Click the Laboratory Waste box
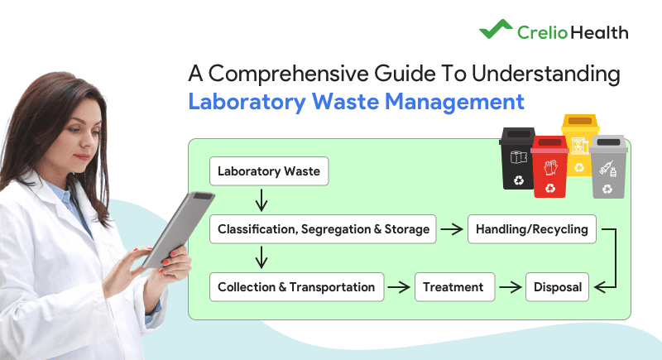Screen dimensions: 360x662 (x=269, y=172)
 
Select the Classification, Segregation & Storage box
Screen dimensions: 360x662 (x=324, y=229)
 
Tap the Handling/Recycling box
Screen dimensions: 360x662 (x=532, y=229)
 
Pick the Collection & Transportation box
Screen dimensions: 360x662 (x=296, y=287)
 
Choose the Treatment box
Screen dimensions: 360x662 (x=453, y=287)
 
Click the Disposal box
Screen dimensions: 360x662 (x=557, y=287)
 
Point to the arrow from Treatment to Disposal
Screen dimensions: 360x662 (x=511, y=287)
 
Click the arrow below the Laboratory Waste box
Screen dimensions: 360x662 (x=261, y=200)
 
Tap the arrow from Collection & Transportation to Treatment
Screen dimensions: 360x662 (x=400, y=287)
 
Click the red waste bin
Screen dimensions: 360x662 (x=548, y=168)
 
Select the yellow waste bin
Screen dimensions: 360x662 (x=579, y=145)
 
